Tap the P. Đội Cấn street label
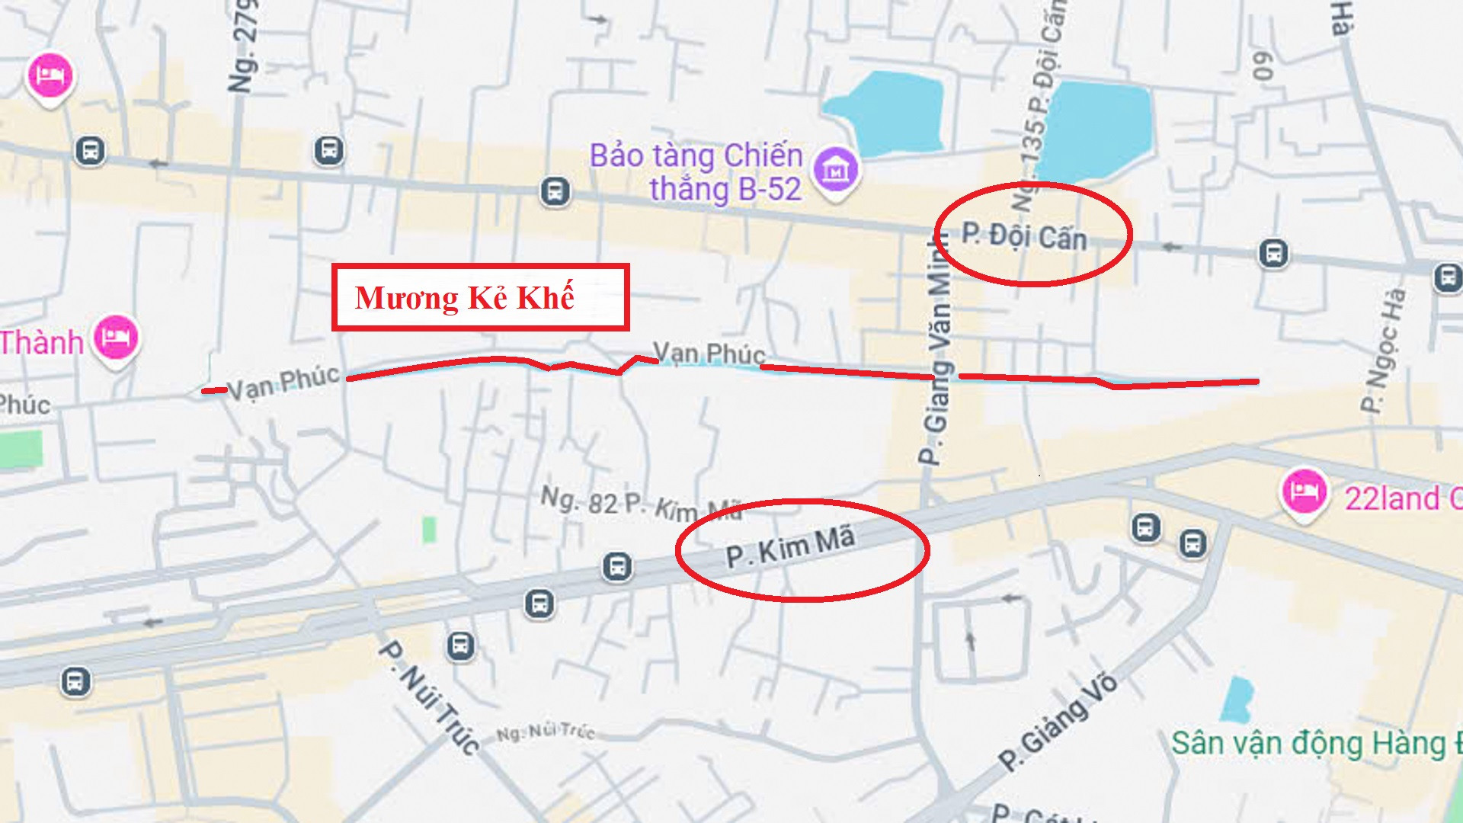click(x=1023, y=236)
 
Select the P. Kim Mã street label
click(x=790, y=547)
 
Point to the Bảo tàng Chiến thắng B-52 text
click(x=696, y=172)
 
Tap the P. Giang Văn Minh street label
click(x=938, y=351)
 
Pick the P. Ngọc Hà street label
click(x=1383, y=351)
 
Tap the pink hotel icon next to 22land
click(x=1304, y=492)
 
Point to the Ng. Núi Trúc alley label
click(x=546, y=732)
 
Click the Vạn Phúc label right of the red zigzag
click(x=709, y=353)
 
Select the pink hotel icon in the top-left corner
click(x=50, y=75)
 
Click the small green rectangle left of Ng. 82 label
click(x=429, y=529)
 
